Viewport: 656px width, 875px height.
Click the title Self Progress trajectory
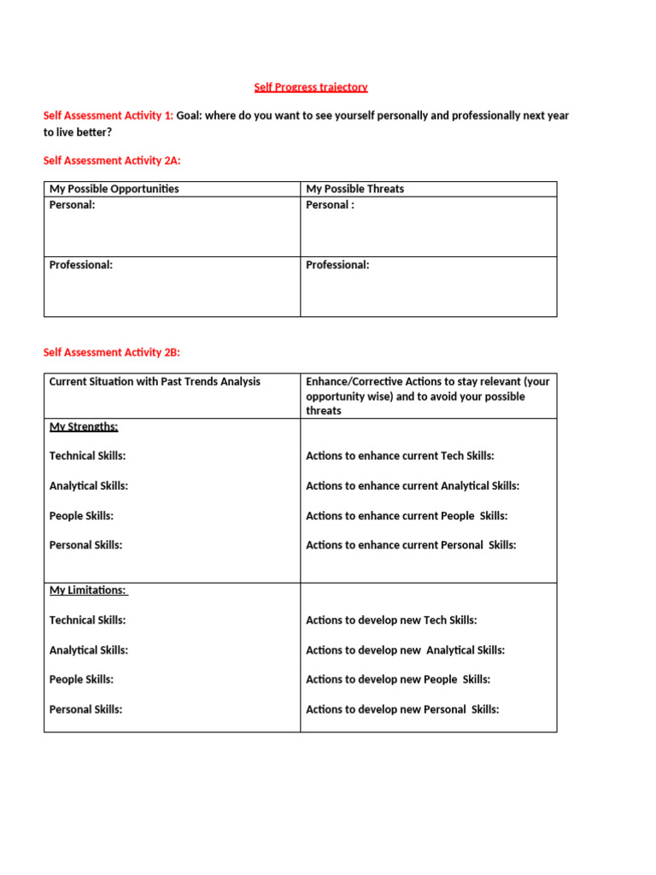point(311,87)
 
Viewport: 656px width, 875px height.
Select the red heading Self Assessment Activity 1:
point(108,115)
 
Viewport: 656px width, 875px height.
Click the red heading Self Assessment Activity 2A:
point(112,160)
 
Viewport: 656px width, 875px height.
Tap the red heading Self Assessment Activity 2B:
point(112,352)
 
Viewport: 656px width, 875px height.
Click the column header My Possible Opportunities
point(114,189)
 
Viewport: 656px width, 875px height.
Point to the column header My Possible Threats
point(355,189)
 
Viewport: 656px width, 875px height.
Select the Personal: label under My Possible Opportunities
point(73,205)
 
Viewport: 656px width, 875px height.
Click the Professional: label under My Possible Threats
point(337,265)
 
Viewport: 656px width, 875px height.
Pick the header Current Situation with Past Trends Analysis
point(155,382)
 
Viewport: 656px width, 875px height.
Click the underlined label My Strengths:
point(84,426)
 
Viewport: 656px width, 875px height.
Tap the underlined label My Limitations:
point(88,590)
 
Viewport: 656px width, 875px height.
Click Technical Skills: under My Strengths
point(87,456)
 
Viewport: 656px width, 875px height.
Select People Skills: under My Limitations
point(81,679)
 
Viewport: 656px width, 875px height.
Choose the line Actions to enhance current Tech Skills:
point(400,456)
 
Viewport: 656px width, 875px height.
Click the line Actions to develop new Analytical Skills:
point(405,650)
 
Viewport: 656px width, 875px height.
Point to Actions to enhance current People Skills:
point(407,516)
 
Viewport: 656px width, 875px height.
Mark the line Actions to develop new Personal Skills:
point(402,709)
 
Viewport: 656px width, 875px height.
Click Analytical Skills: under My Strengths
point(89,486)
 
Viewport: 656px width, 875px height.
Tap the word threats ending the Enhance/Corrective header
point(324,411)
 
